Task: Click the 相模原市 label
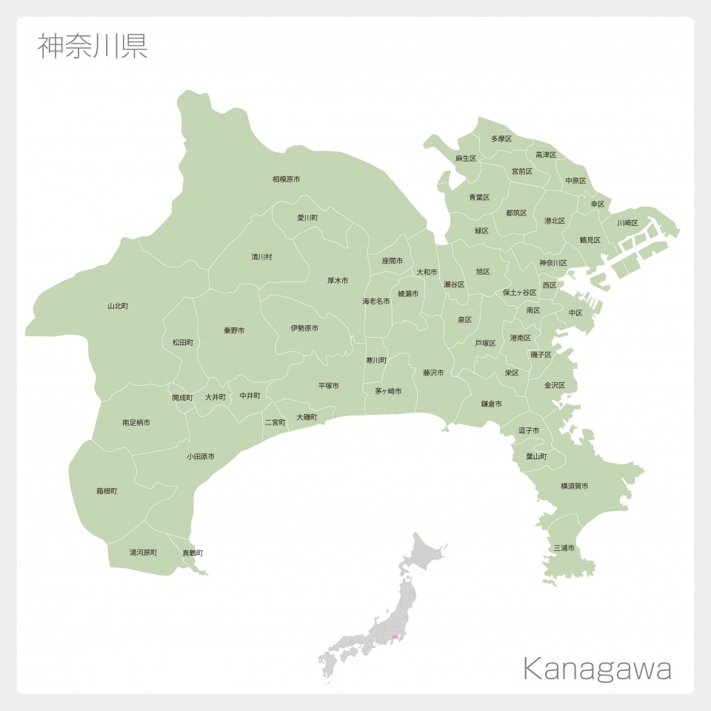tap(286, 179)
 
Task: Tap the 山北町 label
tap(118, 306)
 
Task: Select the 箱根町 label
tap(107, 491)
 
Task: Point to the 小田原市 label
tap(201, 457)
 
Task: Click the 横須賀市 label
tap(575, 486)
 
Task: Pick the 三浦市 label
tap(564, 548)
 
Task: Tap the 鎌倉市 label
tap(491, 404)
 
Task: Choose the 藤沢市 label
tap(433, 373)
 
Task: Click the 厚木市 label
tap(338, 281)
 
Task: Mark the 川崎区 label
tap(627, 223)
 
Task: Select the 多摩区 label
tap(501, 138)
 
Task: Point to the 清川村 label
tap(261, 257)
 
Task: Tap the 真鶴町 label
tap(193, 553)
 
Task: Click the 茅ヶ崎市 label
tap(388, 391)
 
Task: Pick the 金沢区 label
tap(555, 385)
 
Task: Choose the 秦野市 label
tap(234, 330)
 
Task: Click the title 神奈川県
tap(93, 46)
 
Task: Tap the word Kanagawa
tap(597, 669)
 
